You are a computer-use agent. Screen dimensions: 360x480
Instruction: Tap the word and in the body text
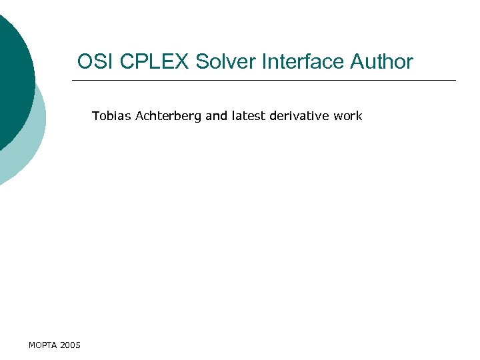217,116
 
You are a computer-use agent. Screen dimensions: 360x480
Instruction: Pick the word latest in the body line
248,116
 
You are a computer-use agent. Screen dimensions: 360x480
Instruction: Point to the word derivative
299,116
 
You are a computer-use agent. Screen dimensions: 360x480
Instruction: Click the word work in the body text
348,116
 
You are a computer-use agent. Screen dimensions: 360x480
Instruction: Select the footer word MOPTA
43,345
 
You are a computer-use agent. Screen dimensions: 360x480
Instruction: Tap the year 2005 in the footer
70,345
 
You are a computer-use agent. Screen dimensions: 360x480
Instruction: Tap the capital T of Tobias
95,116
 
